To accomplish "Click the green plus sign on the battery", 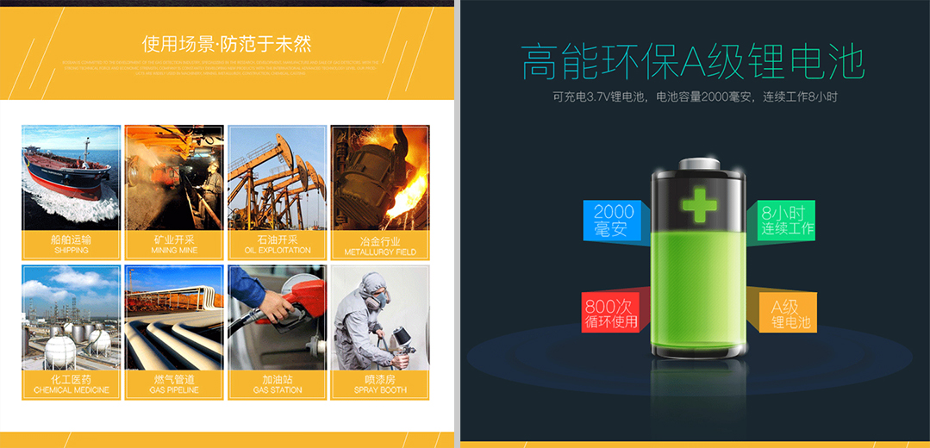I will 700,204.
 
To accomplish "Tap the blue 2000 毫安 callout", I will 613,220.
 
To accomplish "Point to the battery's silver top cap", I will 699,164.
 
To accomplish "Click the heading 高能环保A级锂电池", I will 693,62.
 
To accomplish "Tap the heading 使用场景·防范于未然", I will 227,43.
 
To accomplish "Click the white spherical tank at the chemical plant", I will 60,350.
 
